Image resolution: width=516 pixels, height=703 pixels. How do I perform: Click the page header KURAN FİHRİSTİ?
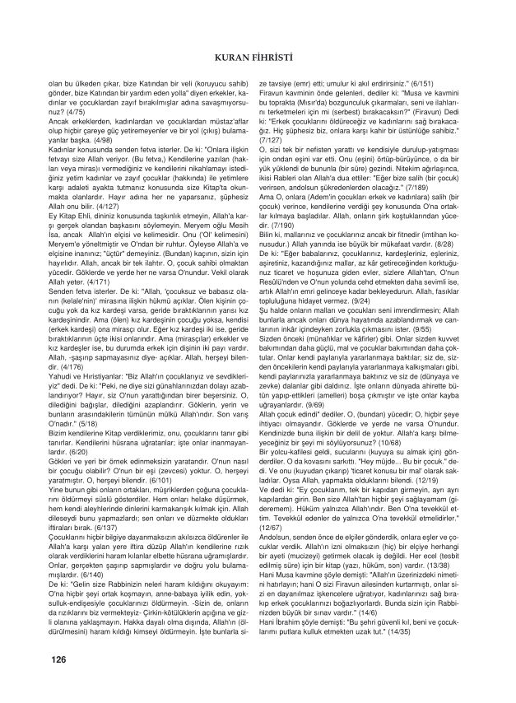[258, 57]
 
